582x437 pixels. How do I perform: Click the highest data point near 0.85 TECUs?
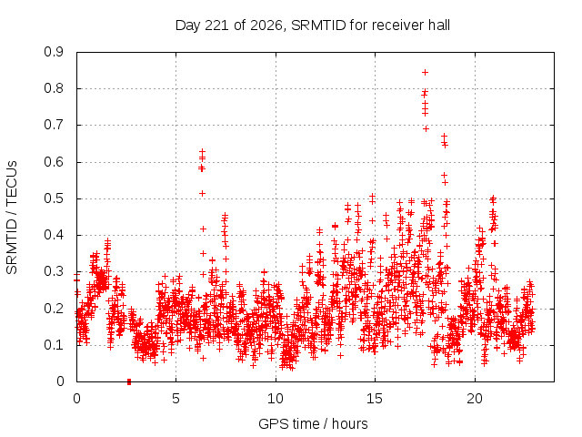(x=426, y=72)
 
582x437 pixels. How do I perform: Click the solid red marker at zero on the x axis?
(x=129, y=381)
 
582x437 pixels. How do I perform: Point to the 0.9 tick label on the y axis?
(x=54, y=52)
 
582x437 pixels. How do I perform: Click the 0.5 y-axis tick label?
(x=54, y=198)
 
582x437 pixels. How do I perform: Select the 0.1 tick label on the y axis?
(x=54, y=345)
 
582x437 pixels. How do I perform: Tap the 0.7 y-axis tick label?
(x=54, y=125)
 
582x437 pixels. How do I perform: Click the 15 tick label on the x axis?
(x=375, y=399)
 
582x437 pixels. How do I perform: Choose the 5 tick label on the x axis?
(x=176, y=399)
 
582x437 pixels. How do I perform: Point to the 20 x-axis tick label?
(x=475, y=399)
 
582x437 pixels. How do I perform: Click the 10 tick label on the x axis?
(x=276, y=399)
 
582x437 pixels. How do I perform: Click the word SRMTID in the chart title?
(x=318, y=25)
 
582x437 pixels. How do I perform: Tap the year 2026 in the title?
(x=266, y=25)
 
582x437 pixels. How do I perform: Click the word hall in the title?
(x=438, y=25)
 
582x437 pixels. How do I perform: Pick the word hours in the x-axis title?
(x=350, y=423)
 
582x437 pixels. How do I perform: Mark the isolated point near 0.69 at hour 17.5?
(x=426, y=128)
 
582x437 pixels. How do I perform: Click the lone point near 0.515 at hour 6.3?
(x=202, y=193)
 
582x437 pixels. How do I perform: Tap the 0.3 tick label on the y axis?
(x=54, y=271)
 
